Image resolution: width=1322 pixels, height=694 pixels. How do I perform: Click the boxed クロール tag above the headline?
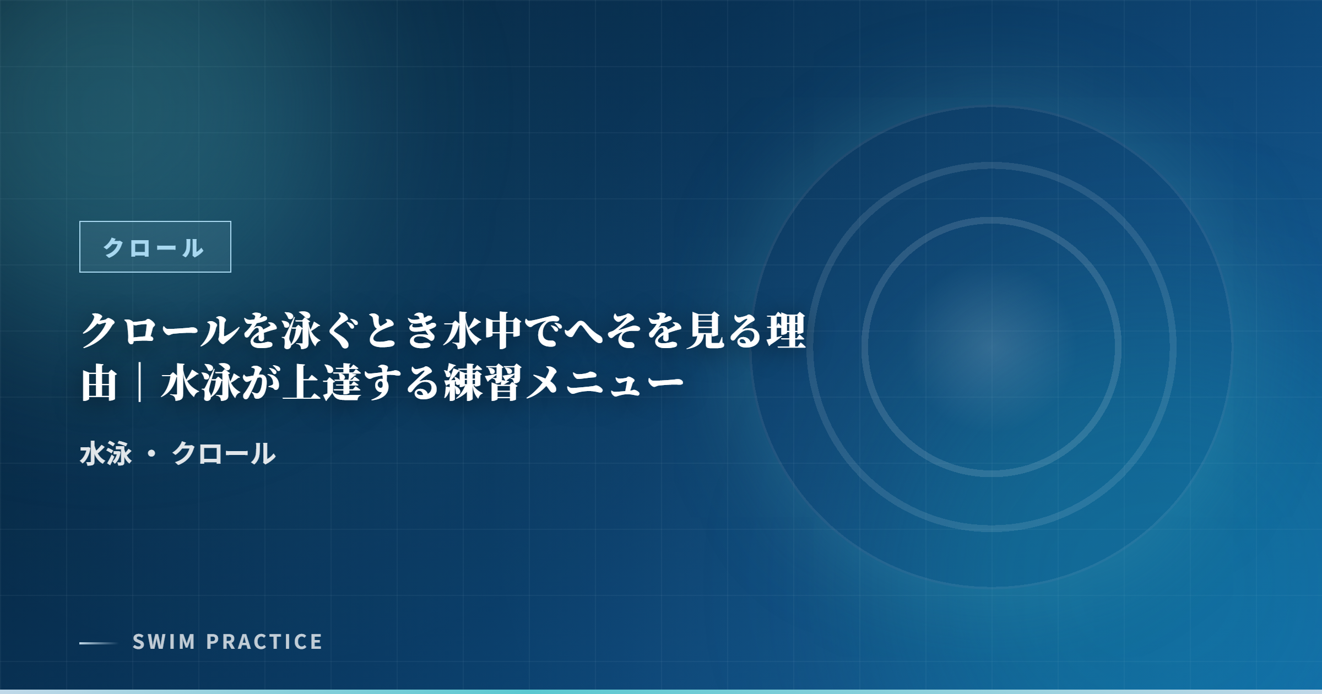coord(155,247)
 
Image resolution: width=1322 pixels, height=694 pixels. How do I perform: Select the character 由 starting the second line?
coord(100,383)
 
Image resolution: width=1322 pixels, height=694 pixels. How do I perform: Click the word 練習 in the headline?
coord(483,383)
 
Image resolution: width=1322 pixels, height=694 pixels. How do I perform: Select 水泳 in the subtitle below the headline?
coord(106,454)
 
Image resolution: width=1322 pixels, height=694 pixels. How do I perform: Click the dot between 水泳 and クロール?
coord(151,454)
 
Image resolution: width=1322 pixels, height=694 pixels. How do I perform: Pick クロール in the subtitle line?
coord(224,454)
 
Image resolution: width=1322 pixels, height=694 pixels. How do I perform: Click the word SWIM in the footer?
coord(164,642)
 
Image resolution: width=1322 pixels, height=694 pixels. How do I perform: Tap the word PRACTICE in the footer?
coord(264,642)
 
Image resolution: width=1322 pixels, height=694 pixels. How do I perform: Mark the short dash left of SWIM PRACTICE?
coord(99,643)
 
